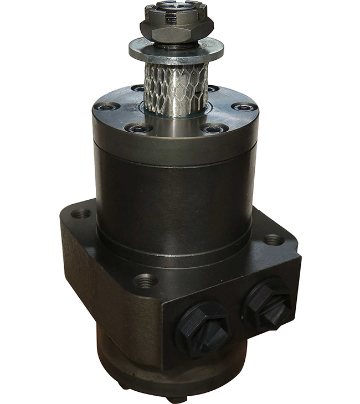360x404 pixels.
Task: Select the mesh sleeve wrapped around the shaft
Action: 176,83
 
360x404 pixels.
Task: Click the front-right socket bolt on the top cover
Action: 214,129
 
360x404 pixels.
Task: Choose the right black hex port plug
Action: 269,301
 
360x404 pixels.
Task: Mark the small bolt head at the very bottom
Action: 176,398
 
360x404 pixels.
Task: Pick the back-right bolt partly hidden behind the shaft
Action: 212,89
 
